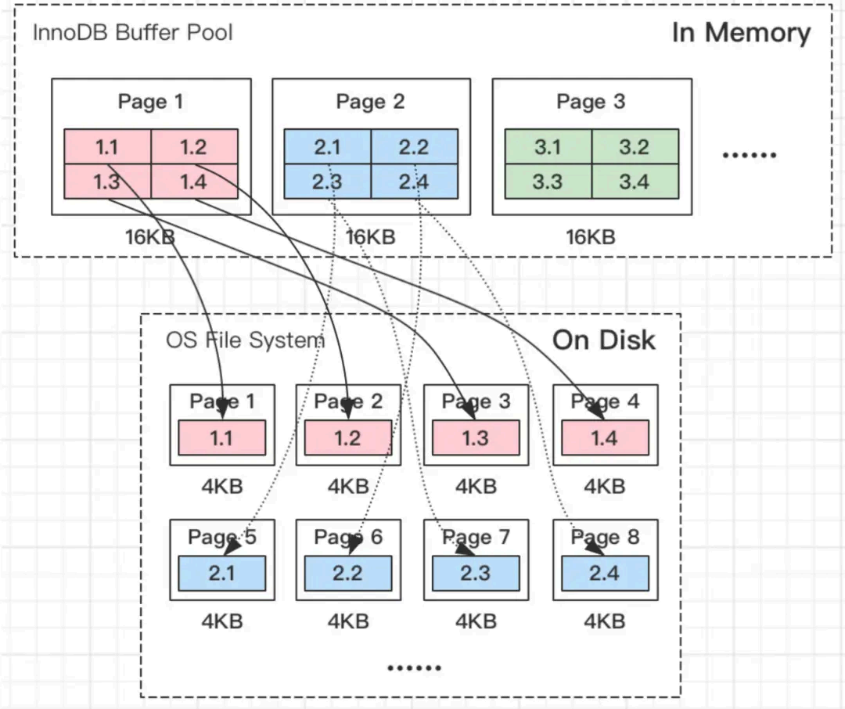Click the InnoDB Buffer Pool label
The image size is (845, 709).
click(x=132, y=33)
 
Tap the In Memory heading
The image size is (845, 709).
click(x=740, y=33)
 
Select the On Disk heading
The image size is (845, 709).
click(x=603, y=340)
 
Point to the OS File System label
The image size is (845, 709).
click(x=245, y=340)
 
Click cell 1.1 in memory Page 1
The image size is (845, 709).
click(x=107, y=147)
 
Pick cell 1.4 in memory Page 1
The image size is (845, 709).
click(x=194, y=182)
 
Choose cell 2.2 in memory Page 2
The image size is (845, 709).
click(x=414, y=147)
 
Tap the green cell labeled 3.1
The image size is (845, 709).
click(x=548, y=147)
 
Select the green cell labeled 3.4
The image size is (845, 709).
click(x=635, y=182)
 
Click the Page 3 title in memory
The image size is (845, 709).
click(x=591, y=102)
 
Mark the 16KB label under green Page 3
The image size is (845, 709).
click(x=591, y=236)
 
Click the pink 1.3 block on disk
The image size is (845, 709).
click(x=475, y=437)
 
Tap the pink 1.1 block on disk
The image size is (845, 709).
click(x=221, y=437)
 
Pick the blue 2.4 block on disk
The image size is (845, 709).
click(x=604, y=574)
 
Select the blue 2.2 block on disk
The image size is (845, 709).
click(x=347, y=574)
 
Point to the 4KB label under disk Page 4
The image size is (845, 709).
click(x=604, y=486)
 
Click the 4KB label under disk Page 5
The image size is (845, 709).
click(x=221, y=621)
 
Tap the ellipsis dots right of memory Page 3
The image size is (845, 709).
click(x=748, y=155)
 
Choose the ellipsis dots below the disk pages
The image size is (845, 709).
click(x=414, y=668)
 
